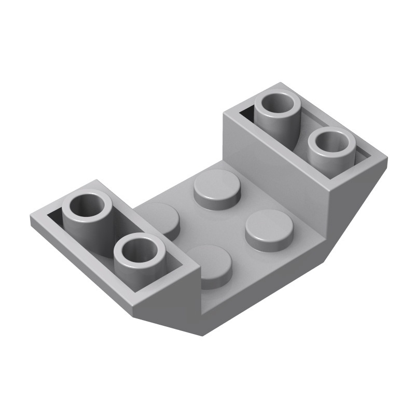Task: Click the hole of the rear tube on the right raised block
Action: pos(281,103)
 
